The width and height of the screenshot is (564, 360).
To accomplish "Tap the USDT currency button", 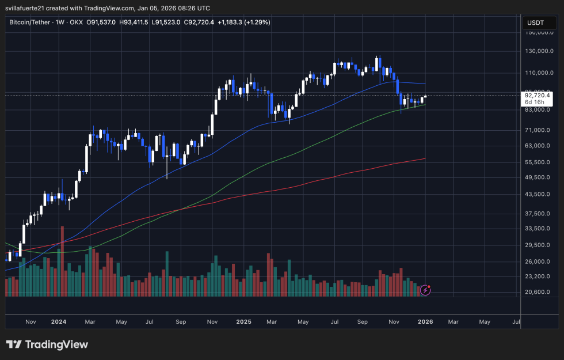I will [x=535, y=23].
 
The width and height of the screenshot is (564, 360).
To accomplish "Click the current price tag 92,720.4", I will [x=537, y=96].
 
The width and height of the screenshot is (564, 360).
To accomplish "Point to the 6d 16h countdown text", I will [x=533, y=102].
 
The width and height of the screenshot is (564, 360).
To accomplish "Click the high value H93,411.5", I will [x=134, y=22].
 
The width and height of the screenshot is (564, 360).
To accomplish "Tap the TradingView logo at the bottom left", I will [x=47, y=344].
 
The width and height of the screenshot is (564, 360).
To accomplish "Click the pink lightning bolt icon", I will [x=425, y=290].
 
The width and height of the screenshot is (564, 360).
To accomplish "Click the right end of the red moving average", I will [x=425, y=158].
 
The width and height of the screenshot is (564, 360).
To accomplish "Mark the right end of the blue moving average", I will [x=425, y=85].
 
